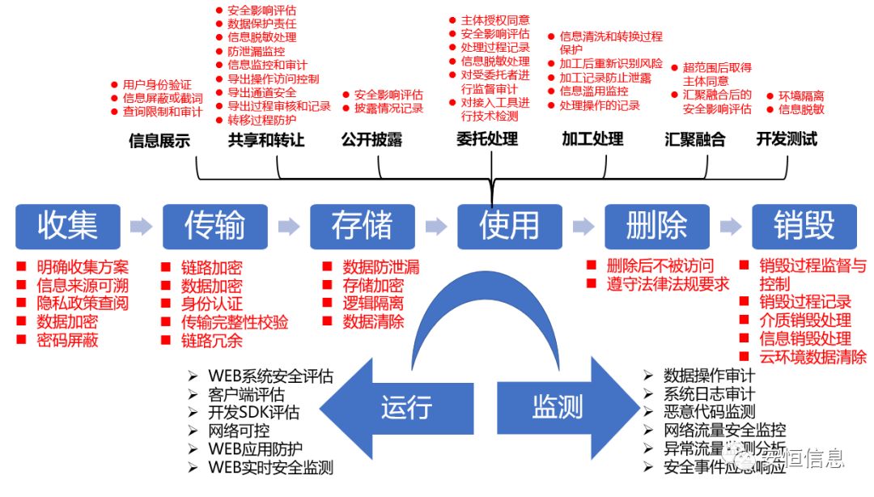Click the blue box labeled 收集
(x=68, y=226)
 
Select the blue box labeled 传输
(x=214, y=226)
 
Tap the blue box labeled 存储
(x=362, y=226)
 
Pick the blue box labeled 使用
(x=509, y=226)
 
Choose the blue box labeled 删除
(x=656, y=226)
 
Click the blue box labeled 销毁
(x=804, y=226)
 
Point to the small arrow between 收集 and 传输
(x=142, y=227)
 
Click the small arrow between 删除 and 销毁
(x=731, y=227)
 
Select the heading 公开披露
(x=371, y=140)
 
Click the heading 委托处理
(x=487, y=139)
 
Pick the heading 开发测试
(x=787, y=139)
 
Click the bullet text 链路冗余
(x=211, y=341)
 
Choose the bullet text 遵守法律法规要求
(x=668, y=284)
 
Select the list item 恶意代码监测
(x=709, y=412)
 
